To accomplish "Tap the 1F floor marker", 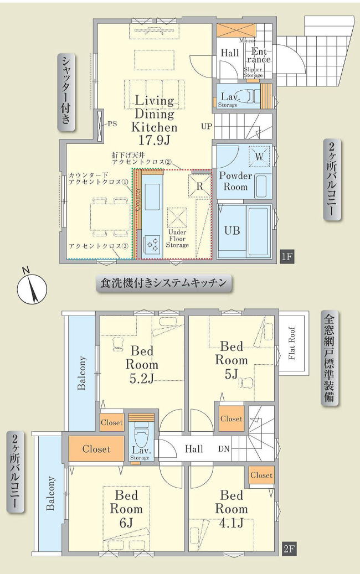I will (286, 256).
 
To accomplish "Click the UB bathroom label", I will (232, 230).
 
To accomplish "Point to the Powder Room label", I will (235, 181).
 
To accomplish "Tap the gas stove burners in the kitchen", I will (151, 242).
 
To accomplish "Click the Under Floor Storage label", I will (177, 238).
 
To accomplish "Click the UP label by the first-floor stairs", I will (207, 126).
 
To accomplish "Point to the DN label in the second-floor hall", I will (224, 448).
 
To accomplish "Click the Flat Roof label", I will (292, 344).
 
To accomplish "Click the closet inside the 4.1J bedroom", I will (261, 475).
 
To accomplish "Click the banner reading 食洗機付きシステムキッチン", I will (163, 283).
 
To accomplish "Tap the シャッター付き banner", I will (67, 92).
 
